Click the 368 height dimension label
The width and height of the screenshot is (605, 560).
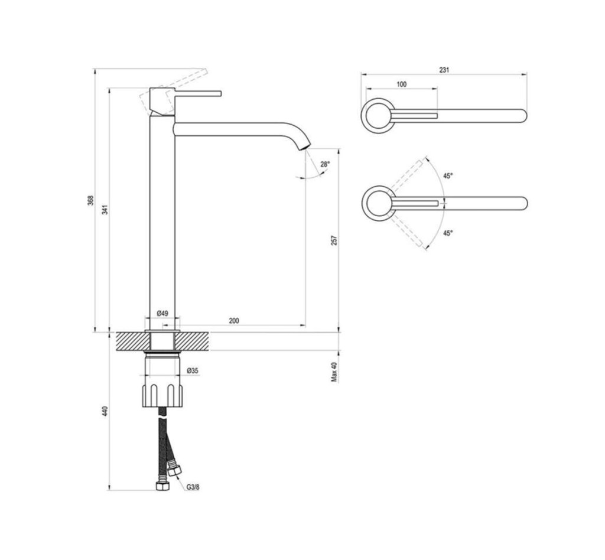[x=90, y=200]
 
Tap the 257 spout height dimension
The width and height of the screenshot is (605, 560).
[x=334, y=240]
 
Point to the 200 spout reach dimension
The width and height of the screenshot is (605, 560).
[x=234, y=321]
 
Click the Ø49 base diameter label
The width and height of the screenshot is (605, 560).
[x=162, y=313]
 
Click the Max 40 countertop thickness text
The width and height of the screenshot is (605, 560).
[x=334, y=372]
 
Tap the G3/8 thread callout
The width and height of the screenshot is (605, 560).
[x=193, y=487]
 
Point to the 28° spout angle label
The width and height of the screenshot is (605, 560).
[x=326, y=164]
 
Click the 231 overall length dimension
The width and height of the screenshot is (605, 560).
[x=444, y=70]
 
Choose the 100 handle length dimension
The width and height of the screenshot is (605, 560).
[x=402, y=84]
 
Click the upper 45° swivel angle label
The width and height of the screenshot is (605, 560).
[x=448, y=176]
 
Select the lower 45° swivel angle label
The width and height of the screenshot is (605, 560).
[x=448, y=233]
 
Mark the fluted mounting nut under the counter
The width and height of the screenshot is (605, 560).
[x=162, y=395]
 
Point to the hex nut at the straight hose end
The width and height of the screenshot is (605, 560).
[x=162, y=486]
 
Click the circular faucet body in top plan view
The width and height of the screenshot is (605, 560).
[x=379, y=116]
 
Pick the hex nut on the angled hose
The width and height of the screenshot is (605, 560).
[x=175, y=471]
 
